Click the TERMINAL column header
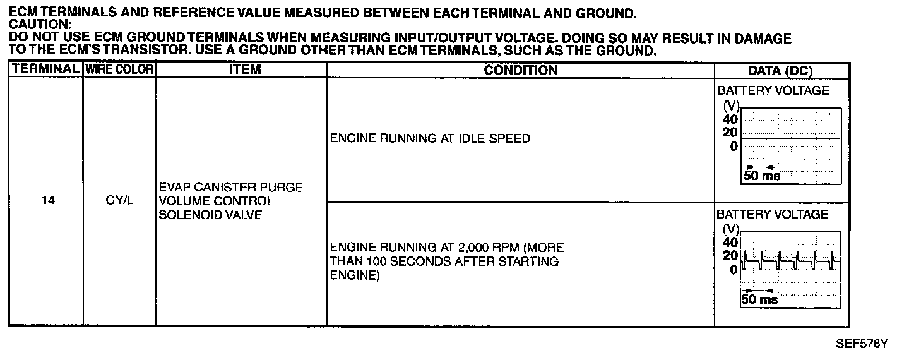point(45,69)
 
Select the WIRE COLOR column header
point(119,69)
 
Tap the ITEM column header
point(244,69)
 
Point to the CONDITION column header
point(520,69)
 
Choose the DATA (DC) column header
point(780,70)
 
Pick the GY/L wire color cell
point(119,201)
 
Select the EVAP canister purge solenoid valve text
point(230,201)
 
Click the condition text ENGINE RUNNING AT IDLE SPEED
point(430,138)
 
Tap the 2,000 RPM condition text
point(446,261)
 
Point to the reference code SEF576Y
point(862,344)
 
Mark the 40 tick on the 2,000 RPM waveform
point(729,243)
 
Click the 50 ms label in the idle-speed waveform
point(761,176)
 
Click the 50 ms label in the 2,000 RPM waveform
point(760,299)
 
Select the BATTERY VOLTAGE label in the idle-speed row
point(773,90)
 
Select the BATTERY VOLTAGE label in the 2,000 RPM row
point(772,214)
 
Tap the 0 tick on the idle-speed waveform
point(733,146)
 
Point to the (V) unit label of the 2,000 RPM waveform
point(730,230)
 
